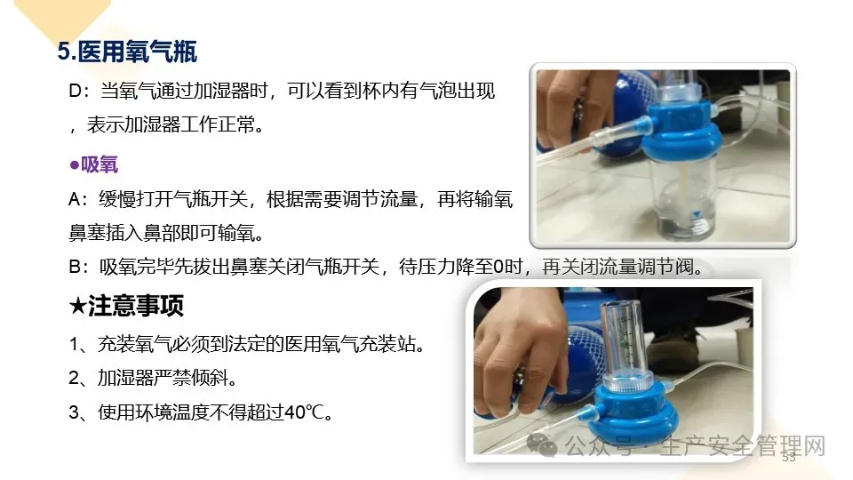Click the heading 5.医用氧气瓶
point(127,52)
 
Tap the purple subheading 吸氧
point(100,164)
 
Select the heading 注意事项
point(136,305)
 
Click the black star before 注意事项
point(78,306)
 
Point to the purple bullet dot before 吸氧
point(75,164)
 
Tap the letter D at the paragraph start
point(75,91)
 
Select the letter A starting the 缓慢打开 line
point(75,200)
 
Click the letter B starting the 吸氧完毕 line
point(75,268)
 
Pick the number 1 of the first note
point(74,345)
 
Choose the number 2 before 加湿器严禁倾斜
point(74,379)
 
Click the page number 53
point(789,457)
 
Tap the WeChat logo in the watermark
point(542,445)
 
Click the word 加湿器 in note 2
point(125,378)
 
